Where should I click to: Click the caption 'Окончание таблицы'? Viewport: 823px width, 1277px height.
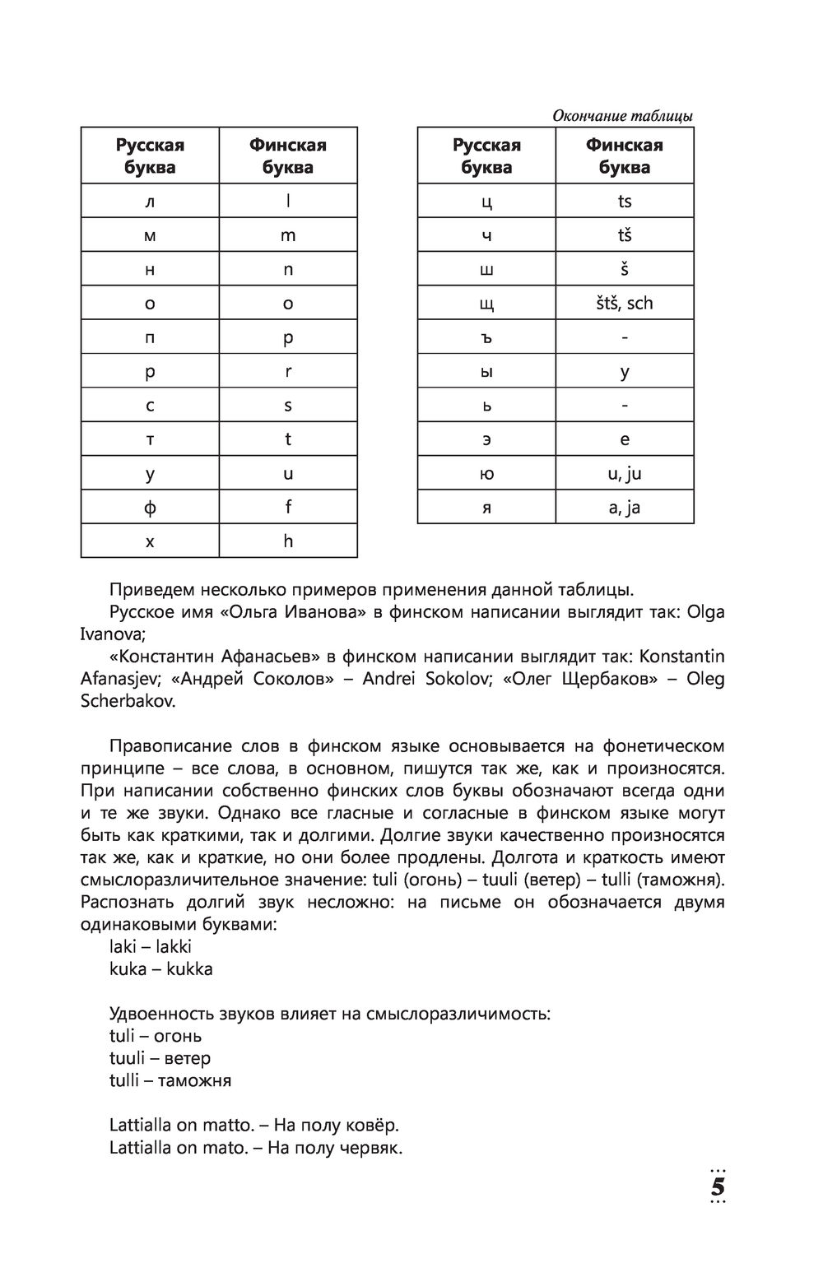(622, 116)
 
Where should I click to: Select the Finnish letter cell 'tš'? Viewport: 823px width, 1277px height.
(625, 235)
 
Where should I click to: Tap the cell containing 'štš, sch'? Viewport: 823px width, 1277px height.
(625, 304)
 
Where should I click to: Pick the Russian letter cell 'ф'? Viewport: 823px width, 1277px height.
(150, 508)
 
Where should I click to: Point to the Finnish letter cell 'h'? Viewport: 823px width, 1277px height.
(288, 541)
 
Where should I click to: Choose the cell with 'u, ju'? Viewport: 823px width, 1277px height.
(625, 474)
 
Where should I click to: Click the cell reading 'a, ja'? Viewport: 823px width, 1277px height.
(625, 508)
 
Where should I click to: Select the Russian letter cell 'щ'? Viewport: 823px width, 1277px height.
(486, 304)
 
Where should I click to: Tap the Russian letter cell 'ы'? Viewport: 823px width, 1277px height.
(486, 372)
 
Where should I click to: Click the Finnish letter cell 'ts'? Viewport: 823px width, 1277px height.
(625, 202)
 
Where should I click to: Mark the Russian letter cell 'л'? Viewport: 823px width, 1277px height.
(150, 202)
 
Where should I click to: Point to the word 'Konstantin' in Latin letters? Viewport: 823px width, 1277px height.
(682, 657)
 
